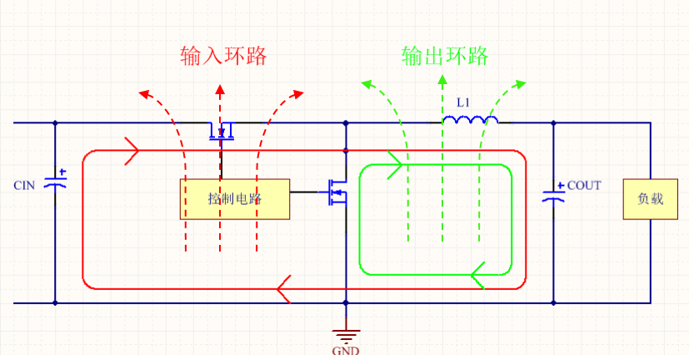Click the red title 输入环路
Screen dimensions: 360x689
click(x=223, y=56)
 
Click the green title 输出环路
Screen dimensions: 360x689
click(x=444, y=56)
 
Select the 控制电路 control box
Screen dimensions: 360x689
click(x=234, y=199)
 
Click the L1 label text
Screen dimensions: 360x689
click(x=463, y=102)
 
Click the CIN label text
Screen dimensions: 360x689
click(x=24, y=185)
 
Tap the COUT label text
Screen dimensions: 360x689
click(x=584, y=185)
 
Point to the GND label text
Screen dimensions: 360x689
click(x=345, y=351)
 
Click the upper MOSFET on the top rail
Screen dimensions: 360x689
click(x=221, y=130)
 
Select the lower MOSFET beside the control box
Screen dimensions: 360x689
click(x=337, y=192)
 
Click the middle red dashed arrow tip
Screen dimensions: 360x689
click(x=220, y=87)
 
